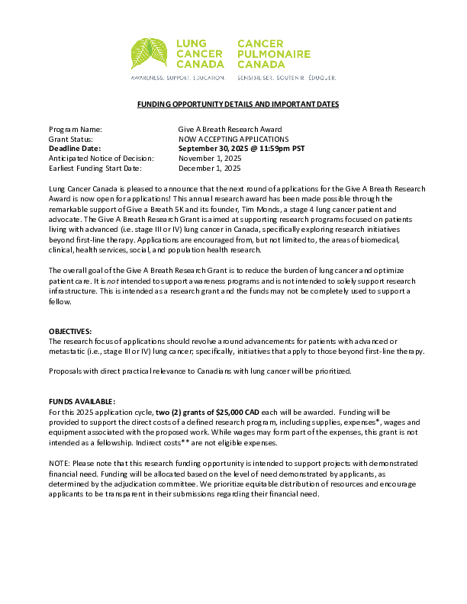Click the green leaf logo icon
[150, 55]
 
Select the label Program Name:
[75, 130]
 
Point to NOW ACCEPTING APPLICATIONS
[233, 140]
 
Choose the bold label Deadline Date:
[75, 149]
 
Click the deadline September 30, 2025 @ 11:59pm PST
[241, 149]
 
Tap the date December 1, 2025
[210, 168]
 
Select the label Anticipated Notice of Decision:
[101, 158]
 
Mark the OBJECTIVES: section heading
[70, 331]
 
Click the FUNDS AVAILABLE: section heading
[82, 401]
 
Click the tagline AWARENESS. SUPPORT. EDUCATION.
[178, 78]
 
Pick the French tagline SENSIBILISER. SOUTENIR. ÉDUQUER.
[287, 78]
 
